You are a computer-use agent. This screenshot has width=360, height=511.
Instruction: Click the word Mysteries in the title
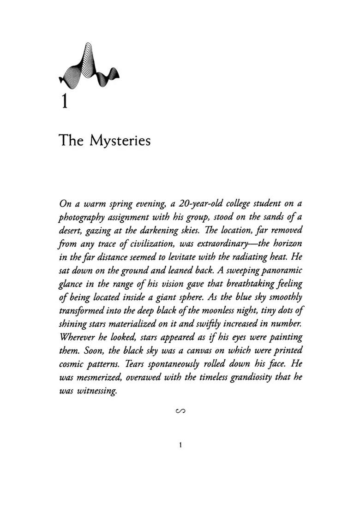tap(120, 140)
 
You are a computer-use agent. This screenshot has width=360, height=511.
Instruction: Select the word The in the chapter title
tap(71, 140)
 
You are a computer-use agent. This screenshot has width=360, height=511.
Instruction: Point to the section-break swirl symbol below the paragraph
tap(180, 410)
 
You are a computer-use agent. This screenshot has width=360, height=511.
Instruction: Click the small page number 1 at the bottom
tap(180, 445)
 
